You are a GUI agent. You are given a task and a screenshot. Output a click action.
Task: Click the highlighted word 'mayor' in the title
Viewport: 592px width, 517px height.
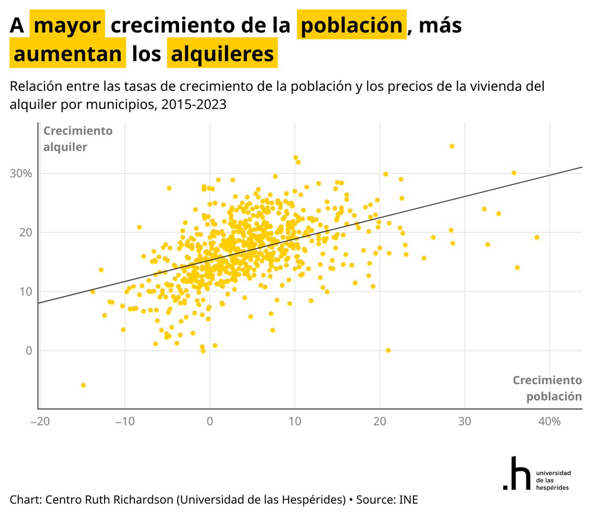coord(67,25)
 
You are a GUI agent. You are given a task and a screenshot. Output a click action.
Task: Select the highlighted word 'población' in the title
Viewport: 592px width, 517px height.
coord(351,25)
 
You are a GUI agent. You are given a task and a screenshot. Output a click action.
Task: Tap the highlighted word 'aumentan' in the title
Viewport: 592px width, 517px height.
coord(68,54)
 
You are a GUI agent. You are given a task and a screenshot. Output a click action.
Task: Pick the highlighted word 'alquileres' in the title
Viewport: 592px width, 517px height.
coord(222,54)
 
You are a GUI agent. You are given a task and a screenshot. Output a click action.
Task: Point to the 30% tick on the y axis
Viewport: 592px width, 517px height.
coord(21,173)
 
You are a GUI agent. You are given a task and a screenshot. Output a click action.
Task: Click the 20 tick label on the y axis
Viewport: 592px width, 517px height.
coord(26,233)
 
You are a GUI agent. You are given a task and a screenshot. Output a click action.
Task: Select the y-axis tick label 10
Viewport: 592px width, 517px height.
coord(26,291)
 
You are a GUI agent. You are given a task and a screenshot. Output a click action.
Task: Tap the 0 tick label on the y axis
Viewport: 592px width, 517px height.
coord(29,351)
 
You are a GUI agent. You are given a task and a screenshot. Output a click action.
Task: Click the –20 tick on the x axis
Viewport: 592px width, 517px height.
coord(39,422)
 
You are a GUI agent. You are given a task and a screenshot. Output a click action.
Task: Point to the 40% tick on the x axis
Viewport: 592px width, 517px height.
coord(549,422)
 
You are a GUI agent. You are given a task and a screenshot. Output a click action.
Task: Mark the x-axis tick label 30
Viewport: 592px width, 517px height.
coord(464,422)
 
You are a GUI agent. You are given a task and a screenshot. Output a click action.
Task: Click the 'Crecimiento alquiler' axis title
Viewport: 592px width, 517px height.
coord(77,139)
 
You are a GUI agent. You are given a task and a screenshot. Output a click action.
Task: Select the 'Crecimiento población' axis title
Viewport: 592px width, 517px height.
coord(547,388)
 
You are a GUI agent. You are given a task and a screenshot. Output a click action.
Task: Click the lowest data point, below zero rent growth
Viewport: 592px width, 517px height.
coord(83,385)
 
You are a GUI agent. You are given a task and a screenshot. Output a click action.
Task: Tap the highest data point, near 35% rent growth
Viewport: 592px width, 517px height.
coord(451,146)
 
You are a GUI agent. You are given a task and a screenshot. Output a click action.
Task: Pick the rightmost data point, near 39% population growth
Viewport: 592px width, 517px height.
coord(537,238)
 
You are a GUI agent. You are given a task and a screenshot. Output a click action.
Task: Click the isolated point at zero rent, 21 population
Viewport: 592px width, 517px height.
coord(388,350)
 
